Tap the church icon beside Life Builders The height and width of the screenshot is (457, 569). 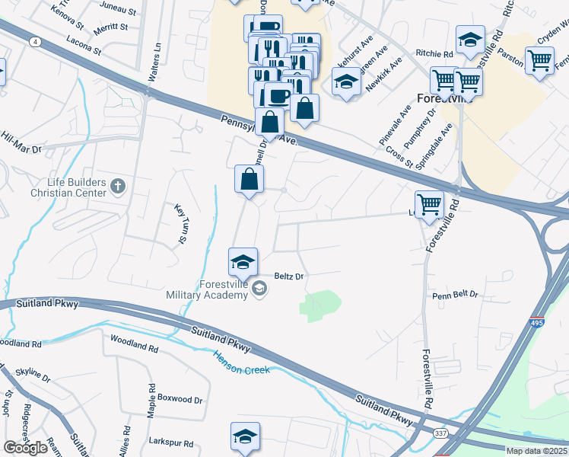tap(117, 185)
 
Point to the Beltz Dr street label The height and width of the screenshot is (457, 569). tap(288, 276)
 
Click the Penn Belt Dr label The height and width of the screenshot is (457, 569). tap(455, 294)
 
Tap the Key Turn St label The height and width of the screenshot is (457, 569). tap(181, 225)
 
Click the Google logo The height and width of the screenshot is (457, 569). tap(25, 448)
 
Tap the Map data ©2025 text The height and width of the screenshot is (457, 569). tap(536, 451)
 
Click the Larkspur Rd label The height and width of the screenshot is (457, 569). tap(171, 443)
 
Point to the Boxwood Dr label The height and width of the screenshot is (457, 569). tap(180, 399)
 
